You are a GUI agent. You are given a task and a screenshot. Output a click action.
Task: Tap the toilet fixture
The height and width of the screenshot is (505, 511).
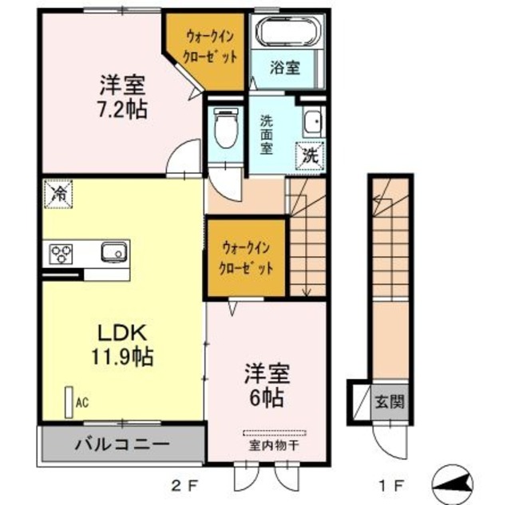[x=226, y=128]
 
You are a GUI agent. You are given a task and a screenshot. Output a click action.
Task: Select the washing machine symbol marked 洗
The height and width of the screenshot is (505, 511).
[x=310, y=157]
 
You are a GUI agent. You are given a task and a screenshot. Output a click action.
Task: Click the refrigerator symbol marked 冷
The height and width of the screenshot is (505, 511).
[x=58, y=194]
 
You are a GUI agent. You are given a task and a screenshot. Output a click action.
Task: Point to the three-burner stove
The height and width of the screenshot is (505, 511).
[x=61, y=254]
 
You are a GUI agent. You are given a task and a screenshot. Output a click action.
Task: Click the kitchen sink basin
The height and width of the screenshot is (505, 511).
[x=114, y=251]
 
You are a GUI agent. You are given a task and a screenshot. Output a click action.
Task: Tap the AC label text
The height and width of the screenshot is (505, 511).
[x=82, y=403]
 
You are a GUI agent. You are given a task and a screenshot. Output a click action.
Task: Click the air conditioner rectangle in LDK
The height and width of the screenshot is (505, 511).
[x=69, y=402]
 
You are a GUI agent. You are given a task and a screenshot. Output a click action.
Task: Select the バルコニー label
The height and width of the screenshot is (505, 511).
[x=122, y=444]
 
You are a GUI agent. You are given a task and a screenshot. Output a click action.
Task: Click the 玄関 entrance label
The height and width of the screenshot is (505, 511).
[x=390, y=401]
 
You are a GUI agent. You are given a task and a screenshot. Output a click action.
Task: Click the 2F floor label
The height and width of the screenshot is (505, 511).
[x=184, y=487]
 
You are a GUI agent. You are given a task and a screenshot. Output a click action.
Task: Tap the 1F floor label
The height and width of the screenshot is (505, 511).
[x=391, y=487]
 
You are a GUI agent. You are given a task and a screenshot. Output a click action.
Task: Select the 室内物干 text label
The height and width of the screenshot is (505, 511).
[x=274, y=446]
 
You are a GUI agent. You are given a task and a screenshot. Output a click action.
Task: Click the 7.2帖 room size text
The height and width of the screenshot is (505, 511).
[x=122, y=109]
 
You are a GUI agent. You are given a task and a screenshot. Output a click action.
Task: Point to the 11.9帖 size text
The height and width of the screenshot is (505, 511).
[x=122, y=357]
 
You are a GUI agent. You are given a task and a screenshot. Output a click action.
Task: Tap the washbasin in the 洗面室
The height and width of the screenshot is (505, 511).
[x=314, y=122]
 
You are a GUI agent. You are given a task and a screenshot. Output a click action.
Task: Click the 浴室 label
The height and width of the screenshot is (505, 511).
[x=284, y=68]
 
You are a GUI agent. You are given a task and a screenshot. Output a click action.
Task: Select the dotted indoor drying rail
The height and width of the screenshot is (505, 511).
[x=275, y=433]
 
